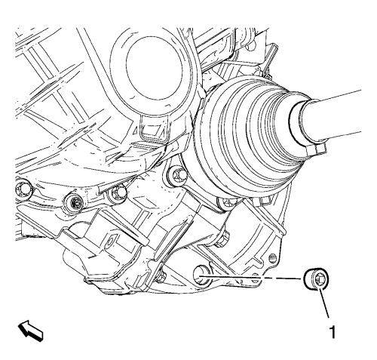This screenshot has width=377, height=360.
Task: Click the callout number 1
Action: [x=333, y=332]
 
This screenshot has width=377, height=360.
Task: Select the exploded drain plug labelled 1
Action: [x=317, y=279]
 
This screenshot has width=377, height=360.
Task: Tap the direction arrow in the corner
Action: [x=31, y=331]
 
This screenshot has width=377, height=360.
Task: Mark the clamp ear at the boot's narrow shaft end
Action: [x=317, y=149]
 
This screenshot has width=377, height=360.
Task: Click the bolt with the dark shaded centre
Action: [x=75, y=202]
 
